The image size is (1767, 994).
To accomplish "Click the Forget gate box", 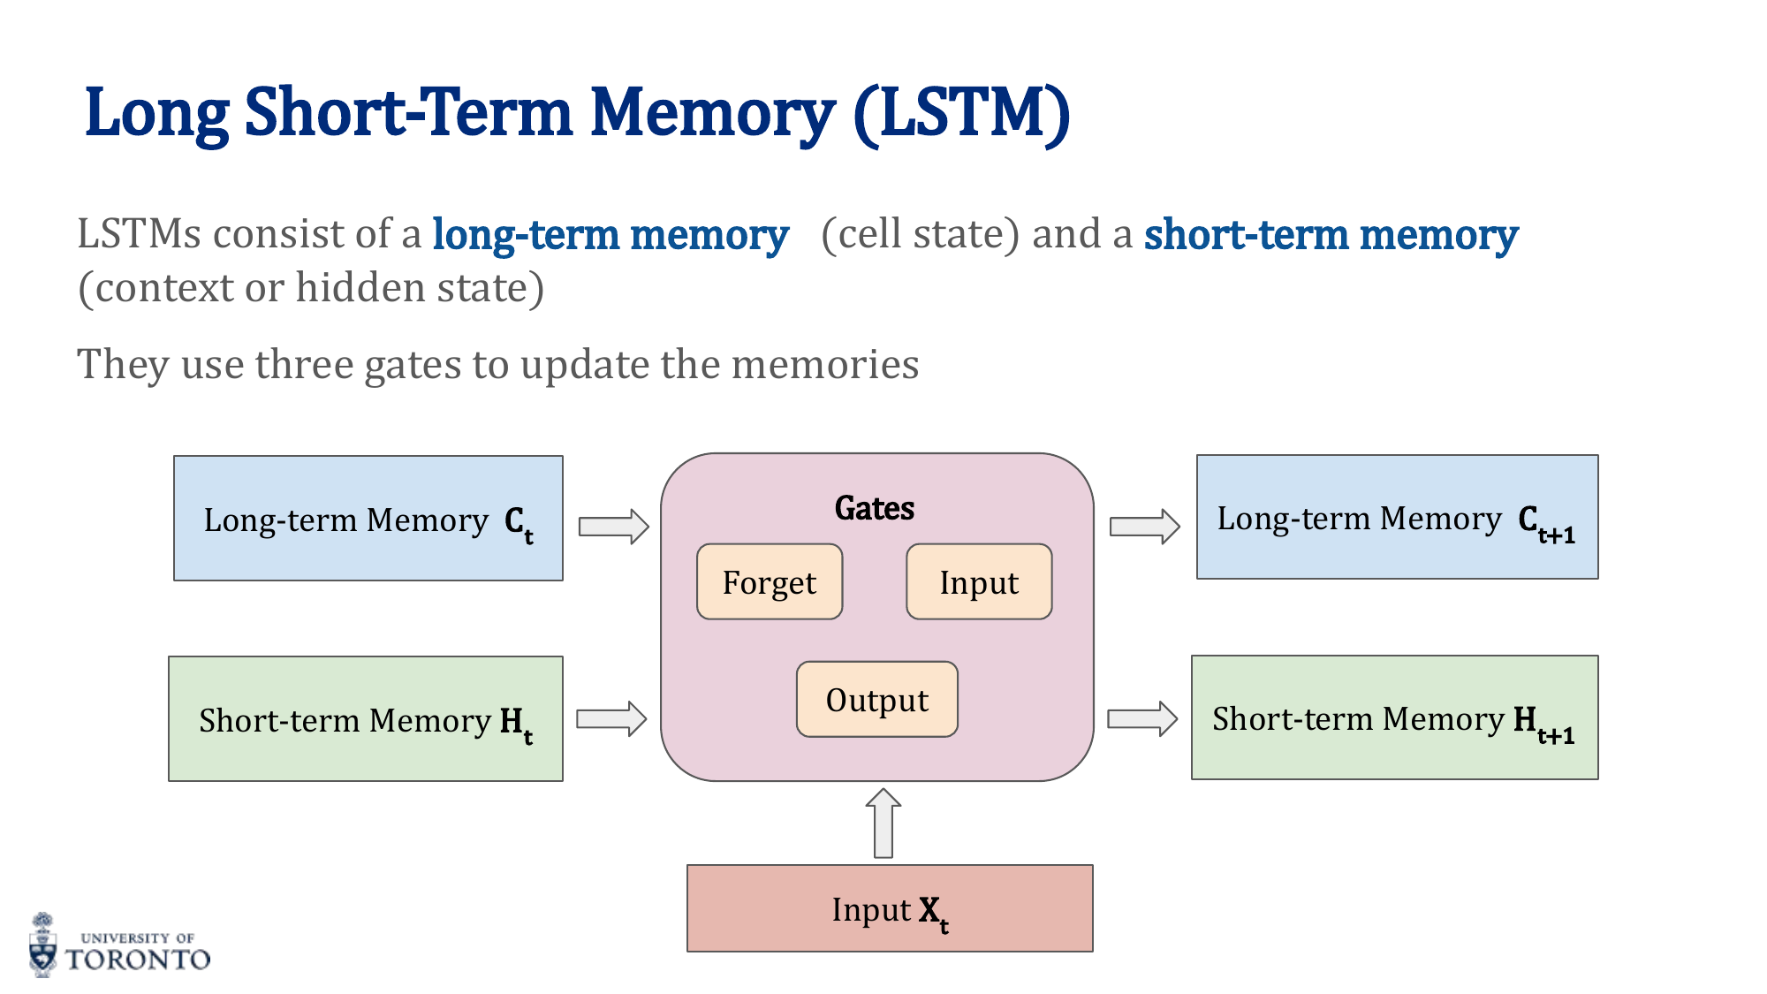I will point(770,581).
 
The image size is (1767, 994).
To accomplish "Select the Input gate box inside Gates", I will point(979,581).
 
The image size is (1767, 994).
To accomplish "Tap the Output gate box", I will point(876,699).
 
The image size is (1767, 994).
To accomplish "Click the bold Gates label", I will point(875,508).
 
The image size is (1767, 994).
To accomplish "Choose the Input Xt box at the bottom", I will point(890,908).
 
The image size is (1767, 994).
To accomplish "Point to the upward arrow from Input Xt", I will point(883,823).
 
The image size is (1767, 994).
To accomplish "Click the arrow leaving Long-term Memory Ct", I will point(614,527).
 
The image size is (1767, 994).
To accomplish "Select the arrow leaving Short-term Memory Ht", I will point(611,718).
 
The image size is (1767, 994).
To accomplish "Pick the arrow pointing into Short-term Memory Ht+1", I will point(1142,718).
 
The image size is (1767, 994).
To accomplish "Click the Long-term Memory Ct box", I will point(368,519).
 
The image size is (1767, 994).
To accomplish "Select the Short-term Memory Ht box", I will point(366,718).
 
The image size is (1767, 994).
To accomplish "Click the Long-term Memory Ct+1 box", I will point(1397,517).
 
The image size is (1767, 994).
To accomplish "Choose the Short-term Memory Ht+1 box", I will point(1394,717).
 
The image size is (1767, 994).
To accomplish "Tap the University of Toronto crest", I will point(42,945).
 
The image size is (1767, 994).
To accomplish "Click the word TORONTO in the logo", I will point(138,960).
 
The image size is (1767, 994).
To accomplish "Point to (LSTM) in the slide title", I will point(962,113).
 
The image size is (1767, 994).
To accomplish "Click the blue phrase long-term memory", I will point(610,235).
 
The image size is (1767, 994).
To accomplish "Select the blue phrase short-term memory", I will point(1331,235).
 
